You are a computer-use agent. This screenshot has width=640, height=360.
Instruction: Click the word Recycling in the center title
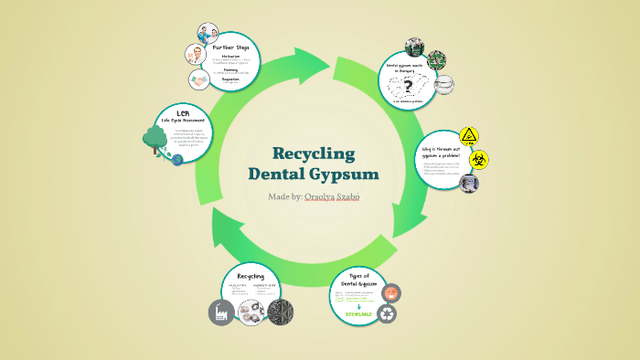(x=314, y=153)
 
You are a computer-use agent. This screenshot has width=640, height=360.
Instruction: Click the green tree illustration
(x=155, y=140)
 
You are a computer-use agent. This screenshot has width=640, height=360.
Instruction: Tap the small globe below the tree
(x=177, y=158)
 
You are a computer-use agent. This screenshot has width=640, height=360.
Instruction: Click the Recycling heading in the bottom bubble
(x=251, y=275)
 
